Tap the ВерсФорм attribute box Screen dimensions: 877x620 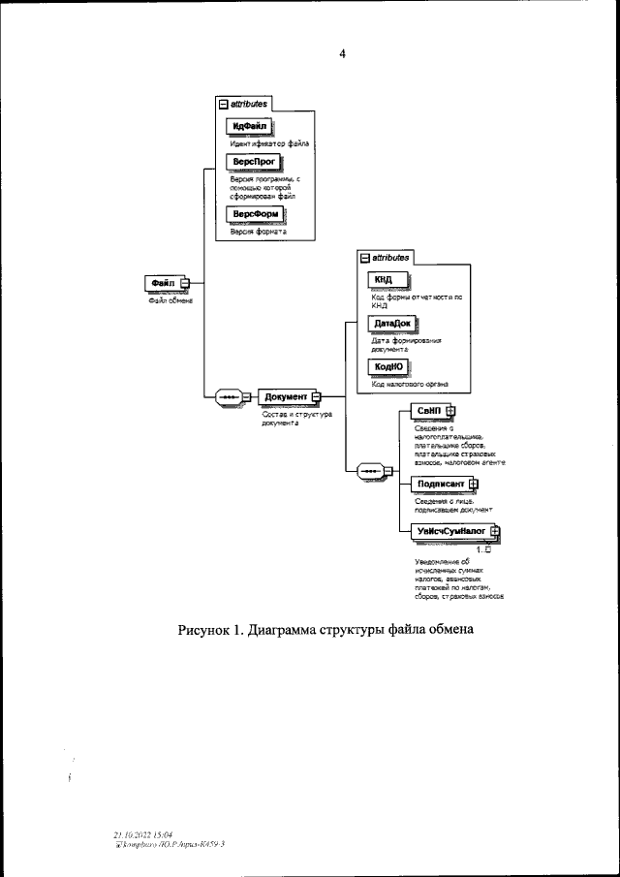252,214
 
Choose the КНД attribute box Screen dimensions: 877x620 385,280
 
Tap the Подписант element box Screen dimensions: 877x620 439,483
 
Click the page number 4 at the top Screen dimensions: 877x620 342,54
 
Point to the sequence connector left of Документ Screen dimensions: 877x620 231,396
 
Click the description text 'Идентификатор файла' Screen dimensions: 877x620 269,143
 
